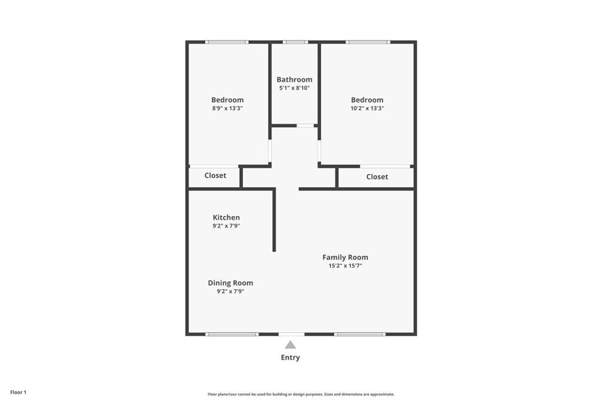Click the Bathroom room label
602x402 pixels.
click(x=295, y=79)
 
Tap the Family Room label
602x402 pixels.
click(x=345, y=257)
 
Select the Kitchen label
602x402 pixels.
click(x=226, y=218)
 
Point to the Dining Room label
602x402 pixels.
click(x=230, y=283)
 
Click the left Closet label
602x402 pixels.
click(x=215, y=175)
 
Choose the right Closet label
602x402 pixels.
click(x=377, y=177)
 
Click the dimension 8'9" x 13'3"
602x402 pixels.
click(x=228, y=108)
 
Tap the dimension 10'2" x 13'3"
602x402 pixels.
click(x=367, y=108)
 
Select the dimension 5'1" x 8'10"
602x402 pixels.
click(x=295, y=88)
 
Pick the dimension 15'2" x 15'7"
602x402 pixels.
click(x=345, y=265)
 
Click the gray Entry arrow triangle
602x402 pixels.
click(x=290, y=345)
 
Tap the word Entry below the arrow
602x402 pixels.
click(x=290, y=357)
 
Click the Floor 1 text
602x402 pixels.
click(x=18, y=392)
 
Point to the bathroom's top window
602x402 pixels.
click(x=295, y=42)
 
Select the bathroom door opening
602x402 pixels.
click(x=305, y=125)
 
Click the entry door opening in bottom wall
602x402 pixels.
click(x=292, y=334)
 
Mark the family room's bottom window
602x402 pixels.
click(x=360, y=334)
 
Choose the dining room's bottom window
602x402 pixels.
click(x=232, y=334)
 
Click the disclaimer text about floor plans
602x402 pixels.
click(x=301, y=394)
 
